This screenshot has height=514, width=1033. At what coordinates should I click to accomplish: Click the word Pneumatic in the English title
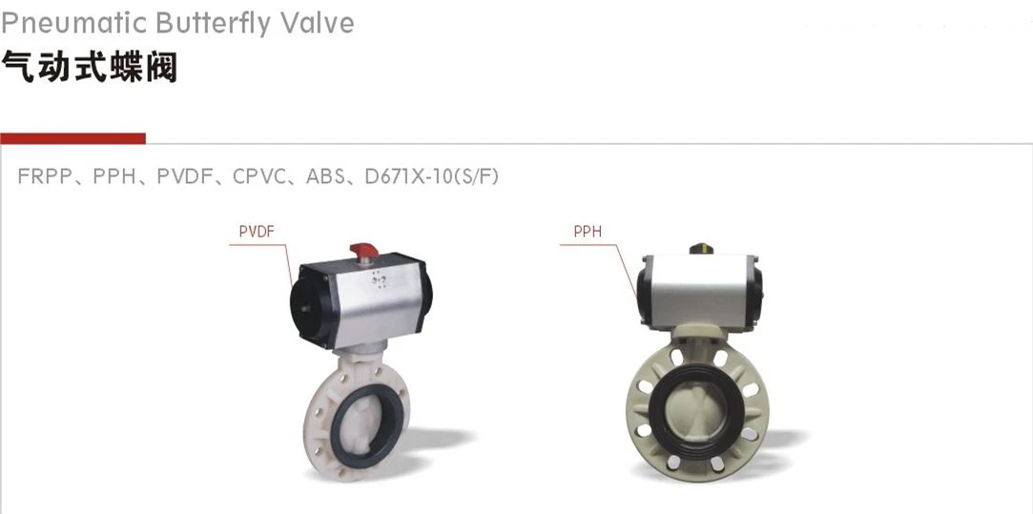click(73, 23)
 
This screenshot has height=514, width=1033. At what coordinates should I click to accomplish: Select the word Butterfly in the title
click(213, 23)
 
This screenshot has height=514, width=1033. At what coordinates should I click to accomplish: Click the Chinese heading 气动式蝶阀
click(89, 67)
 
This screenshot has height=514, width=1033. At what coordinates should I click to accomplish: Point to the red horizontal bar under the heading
click(72, 138)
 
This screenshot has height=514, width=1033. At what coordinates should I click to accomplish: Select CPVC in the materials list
click(259, 176)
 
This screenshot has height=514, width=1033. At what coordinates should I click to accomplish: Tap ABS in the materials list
click(325, 176)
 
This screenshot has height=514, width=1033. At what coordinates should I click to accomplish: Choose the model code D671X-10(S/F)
click(431, 176)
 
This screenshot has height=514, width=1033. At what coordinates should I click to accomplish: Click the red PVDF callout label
click(257, 232)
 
